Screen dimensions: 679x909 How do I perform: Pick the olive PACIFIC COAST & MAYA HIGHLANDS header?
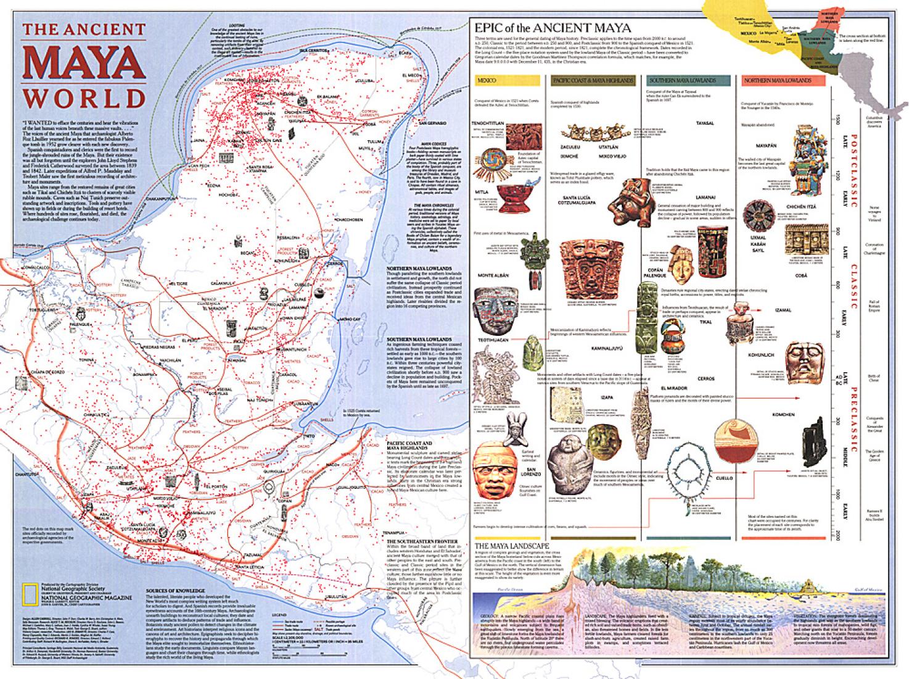[x=593, y=81]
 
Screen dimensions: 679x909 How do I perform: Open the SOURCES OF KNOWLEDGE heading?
[x=175, y=590]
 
